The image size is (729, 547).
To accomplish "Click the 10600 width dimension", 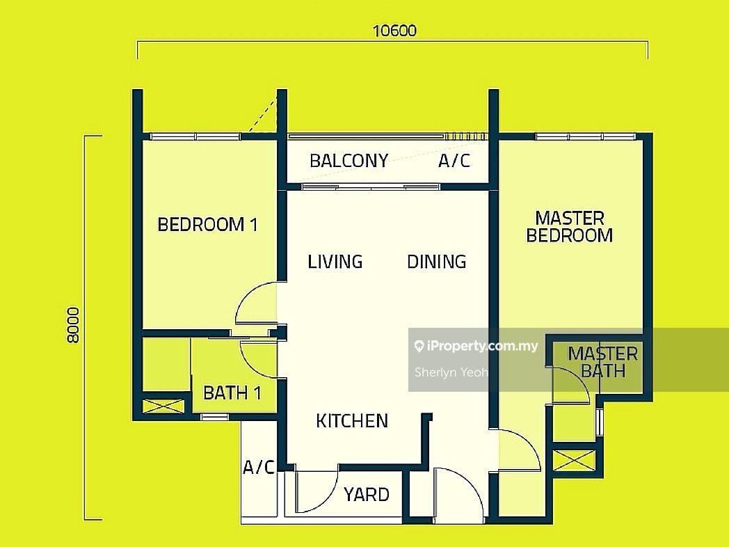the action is pos(394,31).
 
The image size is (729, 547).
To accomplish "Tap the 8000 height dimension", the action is pos(74,325).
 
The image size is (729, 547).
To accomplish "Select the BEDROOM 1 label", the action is pos(207,225).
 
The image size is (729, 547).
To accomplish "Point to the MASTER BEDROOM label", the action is pos(570,226).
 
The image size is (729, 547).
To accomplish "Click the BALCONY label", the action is pos(349,161).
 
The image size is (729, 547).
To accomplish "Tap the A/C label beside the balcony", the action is pos(454,161).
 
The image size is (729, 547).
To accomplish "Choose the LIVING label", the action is pos(335,262).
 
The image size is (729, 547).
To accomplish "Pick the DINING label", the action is pos(437,262).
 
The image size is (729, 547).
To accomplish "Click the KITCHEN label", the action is pos(352,421).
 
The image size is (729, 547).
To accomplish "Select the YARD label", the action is pos(367,494).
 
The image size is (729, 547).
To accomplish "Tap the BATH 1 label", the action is pos(232,393).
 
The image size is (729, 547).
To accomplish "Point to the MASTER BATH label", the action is pos(602,363).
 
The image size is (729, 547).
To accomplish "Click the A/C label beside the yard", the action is pos(259,466).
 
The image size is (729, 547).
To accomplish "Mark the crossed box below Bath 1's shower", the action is pos(163,406).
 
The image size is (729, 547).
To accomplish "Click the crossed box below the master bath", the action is pos(574,461).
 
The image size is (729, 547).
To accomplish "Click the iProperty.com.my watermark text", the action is pos(476,346).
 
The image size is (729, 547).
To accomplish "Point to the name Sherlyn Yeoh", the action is pos(451,372).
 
